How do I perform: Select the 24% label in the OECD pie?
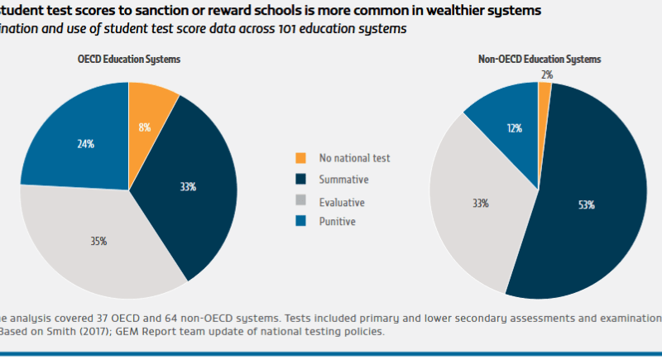[x=85, y=143]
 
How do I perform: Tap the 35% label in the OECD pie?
[x=98, y=242]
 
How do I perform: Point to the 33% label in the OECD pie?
[x=188, y=187]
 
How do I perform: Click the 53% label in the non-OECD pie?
[x=588, y=204]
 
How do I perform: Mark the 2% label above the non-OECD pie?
[x=546, y=74]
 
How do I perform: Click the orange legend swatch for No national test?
[x=301, y=157]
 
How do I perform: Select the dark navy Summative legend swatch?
[x=301, y=179]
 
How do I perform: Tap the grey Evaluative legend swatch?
[x=301, y=201]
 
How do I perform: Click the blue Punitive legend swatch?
[x=301, y=222]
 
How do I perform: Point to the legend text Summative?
[x=345, y=179]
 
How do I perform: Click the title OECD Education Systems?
[x=128, y=60]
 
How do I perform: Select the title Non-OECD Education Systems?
[x=539, y=60]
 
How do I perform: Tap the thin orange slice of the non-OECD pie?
[x=544, y=94]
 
